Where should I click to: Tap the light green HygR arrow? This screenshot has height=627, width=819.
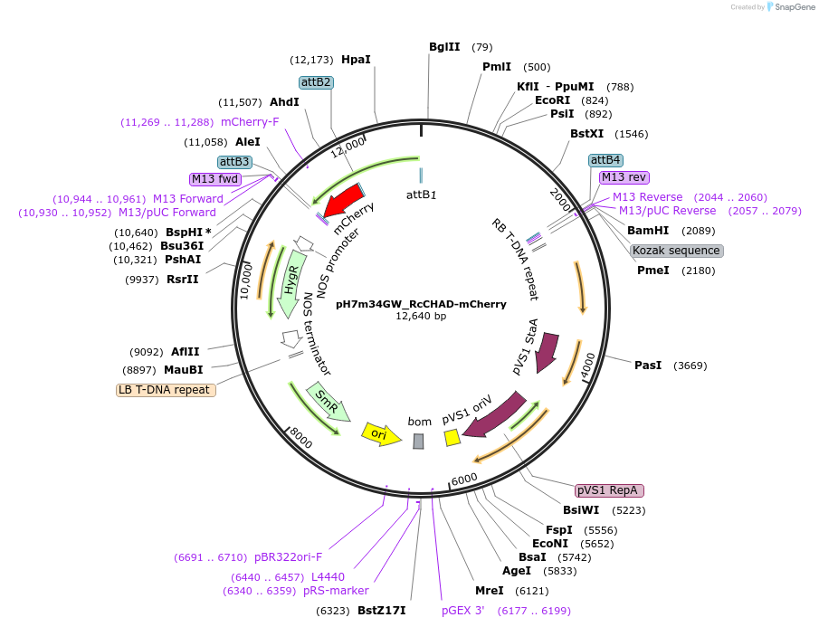(x=290, y=279)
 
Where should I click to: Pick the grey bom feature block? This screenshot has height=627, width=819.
(x=418, y=441)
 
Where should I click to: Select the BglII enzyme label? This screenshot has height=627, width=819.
(x=444, y=47)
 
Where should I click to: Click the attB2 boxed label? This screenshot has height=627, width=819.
(x=317, y=81)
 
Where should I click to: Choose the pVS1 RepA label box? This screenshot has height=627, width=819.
(x=609, y=490)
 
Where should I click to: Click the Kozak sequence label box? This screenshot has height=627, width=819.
(x=676, y=251)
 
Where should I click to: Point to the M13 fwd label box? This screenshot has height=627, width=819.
(x=214, y=179)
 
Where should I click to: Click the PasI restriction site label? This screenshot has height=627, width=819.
(x=648, y=366)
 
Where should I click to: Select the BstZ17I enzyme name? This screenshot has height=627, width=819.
(x=381, y=611)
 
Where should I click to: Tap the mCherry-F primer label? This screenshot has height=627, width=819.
(x=250, y=122)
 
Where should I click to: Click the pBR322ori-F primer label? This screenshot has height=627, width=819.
(x=288, y=557)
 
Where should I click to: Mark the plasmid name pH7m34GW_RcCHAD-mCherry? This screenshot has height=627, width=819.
(x=421, y=304)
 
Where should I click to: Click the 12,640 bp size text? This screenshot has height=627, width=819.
(x=421, y=317)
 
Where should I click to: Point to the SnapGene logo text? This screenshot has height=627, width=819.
(x=790, y=7)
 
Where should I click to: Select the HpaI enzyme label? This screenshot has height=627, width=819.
(x=356, y=60)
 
